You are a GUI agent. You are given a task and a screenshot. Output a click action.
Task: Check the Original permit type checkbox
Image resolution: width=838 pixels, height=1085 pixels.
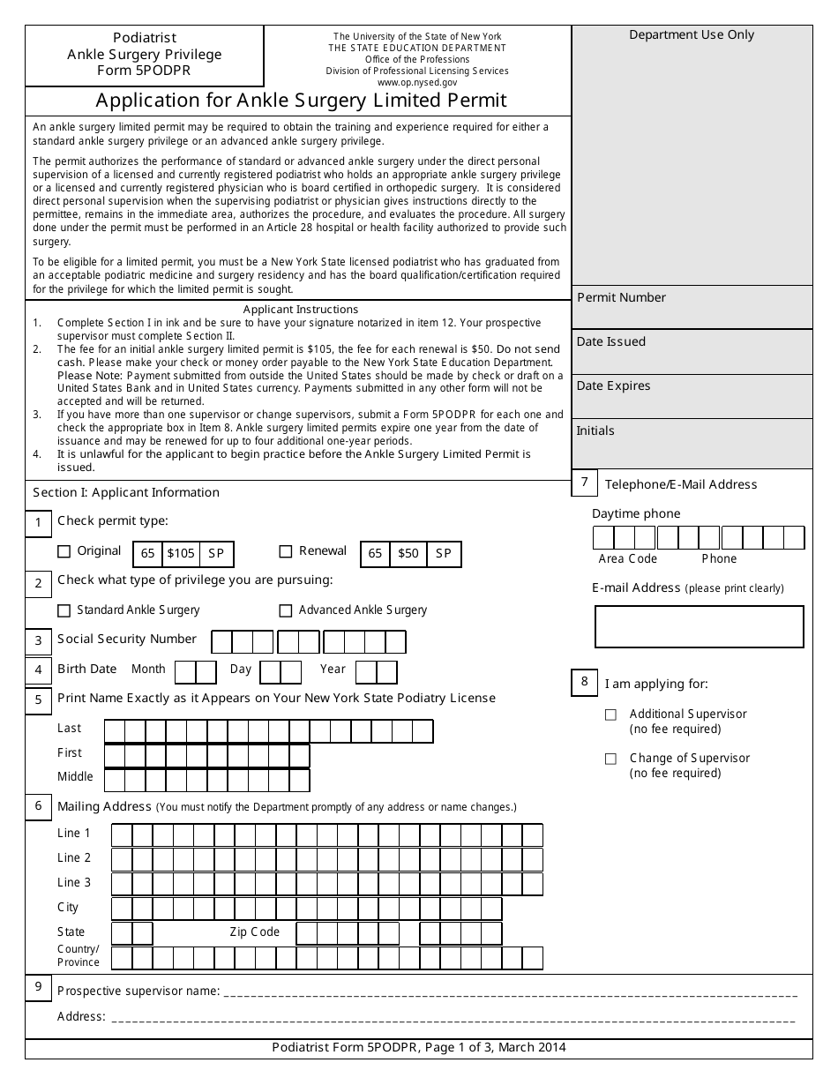tap(64, 552)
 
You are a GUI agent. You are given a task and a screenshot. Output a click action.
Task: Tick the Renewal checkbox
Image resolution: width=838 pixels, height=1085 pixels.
tap(285, 552)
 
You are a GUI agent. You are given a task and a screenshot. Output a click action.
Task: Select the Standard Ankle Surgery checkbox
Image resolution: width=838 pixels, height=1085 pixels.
tap(64, 610)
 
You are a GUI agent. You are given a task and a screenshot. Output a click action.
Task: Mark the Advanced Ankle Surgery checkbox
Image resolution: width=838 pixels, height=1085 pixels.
tap(285, 610)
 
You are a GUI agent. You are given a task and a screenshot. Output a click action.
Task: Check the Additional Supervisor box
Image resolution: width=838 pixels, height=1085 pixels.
tap(610, 715)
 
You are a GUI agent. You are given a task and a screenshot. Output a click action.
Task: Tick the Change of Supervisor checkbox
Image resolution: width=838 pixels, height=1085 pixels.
tap(610, 759)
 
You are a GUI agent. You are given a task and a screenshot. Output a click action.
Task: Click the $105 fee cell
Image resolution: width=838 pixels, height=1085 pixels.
tap(181, 554)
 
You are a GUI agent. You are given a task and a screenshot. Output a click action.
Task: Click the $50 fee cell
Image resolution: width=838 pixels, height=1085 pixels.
tap(408, 554)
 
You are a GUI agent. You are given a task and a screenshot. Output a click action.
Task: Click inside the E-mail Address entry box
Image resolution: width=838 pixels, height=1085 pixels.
tap(699, 626)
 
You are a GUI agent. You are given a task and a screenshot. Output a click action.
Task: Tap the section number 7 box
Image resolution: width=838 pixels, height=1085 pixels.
tap(584, 483)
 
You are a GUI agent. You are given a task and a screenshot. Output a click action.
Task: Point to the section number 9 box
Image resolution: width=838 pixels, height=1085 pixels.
tap(38, 987)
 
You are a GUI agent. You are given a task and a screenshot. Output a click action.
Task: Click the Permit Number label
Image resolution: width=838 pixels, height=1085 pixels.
tap(621, 298)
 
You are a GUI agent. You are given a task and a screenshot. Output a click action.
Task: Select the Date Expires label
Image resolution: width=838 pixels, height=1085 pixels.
tap(613, 386)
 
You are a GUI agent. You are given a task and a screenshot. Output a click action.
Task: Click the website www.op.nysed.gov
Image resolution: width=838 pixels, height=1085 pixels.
tap(417, 81)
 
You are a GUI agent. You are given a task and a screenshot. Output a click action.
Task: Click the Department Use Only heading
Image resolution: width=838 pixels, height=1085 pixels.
tap(692, 35)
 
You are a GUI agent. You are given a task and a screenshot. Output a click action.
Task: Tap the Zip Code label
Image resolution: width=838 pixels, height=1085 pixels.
tap(254, 932)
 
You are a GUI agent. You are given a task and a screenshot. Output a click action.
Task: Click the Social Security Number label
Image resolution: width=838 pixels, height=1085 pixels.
tap(127, 640)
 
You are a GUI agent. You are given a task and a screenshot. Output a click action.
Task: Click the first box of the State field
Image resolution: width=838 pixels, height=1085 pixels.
tap(122, 933)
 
